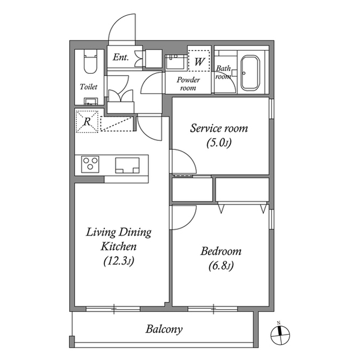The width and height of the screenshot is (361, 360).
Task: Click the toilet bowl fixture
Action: (90, 63)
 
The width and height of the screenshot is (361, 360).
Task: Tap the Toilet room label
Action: (89, 87)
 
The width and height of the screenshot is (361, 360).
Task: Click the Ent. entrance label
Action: (120, 57)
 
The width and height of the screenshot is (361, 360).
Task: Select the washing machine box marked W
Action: (199, 61)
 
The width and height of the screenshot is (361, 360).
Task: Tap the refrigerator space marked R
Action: (87, 121)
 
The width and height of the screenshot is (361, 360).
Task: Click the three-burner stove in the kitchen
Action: (90, 165)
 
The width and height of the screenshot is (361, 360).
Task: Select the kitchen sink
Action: (127, 165)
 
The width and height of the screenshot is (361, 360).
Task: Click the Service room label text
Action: (219, 128)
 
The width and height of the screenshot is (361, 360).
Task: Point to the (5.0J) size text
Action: (219, 143)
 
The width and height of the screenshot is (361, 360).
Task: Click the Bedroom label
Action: (221, 251)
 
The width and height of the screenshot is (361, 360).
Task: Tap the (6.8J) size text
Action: (221, 266)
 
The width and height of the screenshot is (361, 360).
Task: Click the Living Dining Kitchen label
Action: (118, 239)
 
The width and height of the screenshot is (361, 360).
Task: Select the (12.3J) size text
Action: (118, 261)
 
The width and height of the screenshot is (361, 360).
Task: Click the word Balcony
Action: (164, 329)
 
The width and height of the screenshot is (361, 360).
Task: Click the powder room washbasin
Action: (175, 60)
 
